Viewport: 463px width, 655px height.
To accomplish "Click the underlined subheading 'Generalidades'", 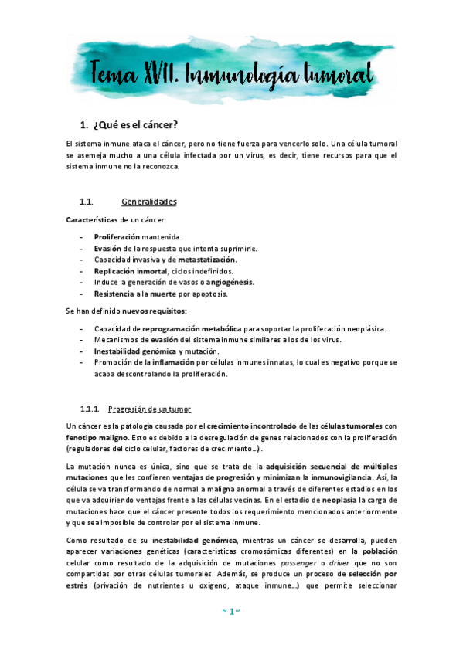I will [x=149, y=202].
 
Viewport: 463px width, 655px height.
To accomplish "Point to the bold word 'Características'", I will [x=92, y=220].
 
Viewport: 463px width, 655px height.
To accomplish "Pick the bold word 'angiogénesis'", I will [x=228, y=282].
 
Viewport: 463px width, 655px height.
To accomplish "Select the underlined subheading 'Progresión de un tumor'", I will [x=150, y=409].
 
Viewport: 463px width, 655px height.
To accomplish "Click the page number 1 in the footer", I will [x=231, y=611].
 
